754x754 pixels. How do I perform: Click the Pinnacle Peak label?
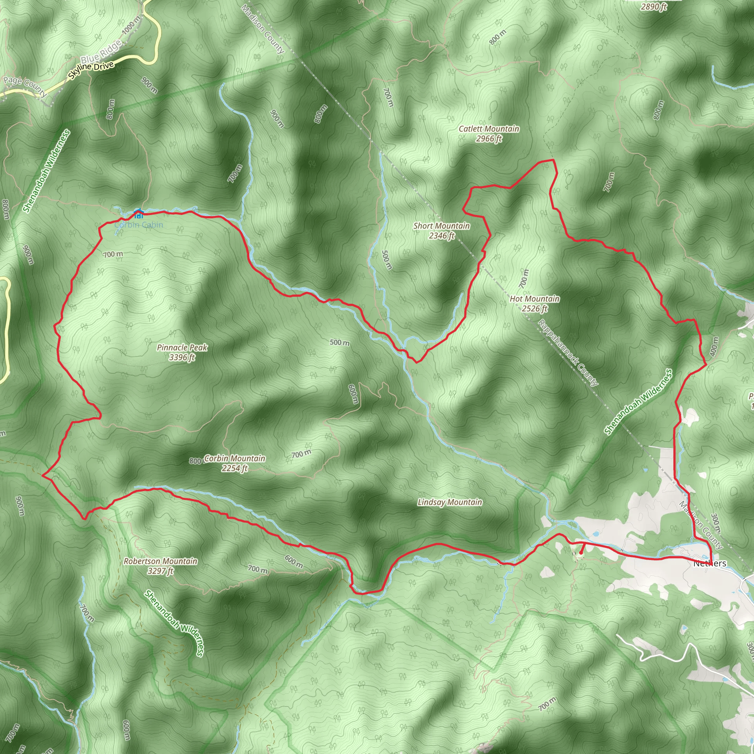click(182, 347)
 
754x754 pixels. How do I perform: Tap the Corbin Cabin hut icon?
click(138, 214)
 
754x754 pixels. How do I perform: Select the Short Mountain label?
click(441, 226)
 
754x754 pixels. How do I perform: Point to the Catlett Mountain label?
click(489, 129)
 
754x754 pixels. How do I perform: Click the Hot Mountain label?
click(534, 299)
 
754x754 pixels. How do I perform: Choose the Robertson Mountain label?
click(161, 561)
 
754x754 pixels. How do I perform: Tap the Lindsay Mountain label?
click(450, 502)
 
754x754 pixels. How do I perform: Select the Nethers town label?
click(709, 564)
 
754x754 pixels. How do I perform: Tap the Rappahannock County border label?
click(567, 353)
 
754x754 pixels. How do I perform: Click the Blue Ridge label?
click(100, 53)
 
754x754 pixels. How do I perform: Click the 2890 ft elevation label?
click(653, 7)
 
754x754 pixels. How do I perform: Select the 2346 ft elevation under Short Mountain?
click(441, 236)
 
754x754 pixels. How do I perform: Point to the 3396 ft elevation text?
click(182, 357)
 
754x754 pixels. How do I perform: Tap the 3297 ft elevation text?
click(161, 571)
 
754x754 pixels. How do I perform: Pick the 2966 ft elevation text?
click(489, 138)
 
